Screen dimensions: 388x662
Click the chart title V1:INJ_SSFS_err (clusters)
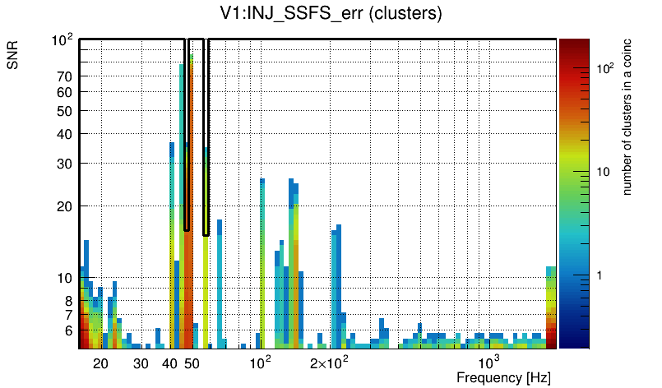[331, 14]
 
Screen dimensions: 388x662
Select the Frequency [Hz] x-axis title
[502, 378]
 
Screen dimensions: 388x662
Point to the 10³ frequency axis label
[488, 363]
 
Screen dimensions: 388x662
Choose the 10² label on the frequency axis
[261, 363]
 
